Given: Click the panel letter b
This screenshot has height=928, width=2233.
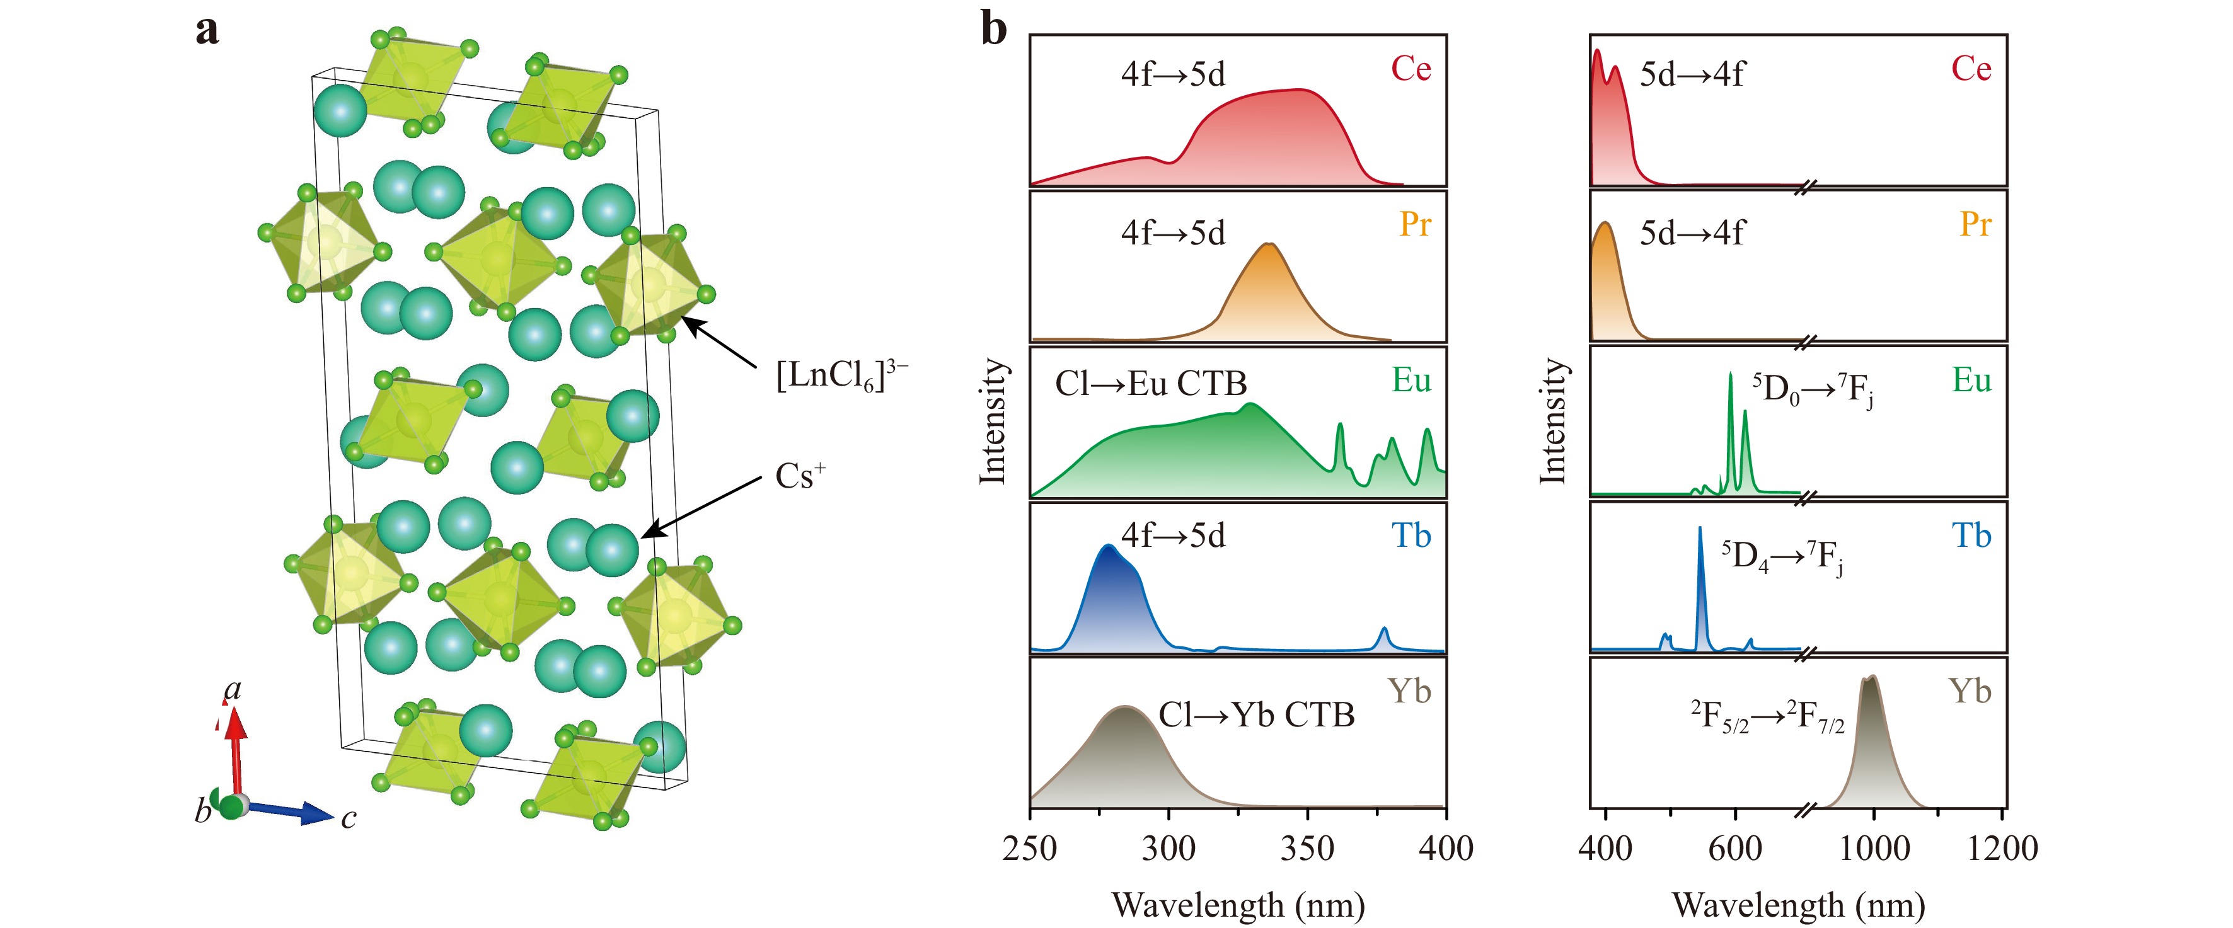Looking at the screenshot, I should click(993, 30).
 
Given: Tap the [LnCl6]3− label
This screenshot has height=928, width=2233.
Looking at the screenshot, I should click(840, 375).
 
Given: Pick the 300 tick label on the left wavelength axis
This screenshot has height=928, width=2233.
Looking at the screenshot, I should click(1168, 847).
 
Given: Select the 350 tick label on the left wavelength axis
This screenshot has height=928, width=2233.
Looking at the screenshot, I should click(1307, 847).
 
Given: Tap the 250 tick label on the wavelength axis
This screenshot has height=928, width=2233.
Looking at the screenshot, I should click(1030, 847).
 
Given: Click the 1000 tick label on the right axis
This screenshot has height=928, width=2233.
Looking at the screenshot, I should click(1873, 847).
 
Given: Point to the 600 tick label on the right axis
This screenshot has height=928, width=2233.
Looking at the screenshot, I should click(1734, 847).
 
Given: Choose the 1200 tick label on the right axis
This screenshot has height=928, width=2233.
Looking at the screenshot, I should click(2002, 847).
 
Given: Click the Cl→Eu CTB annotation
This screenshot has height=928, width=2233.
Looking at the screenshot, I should click(1150, 384).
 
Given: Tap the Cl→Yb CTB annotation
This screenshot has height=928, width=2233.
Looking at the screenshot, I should click(1256, 715).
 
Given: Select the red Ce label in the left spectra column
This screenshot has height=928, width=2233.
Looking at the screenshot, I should click(1411, 69).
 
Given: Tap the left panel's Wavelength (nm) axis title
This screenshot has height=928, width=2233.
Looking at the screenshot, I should click(1238, 905).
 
